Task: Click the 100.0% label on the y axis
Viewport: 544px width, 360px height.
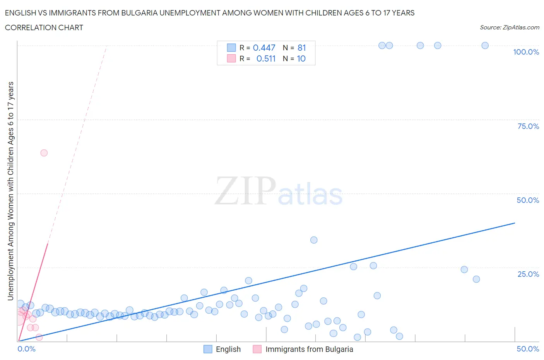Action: tap(526, 52)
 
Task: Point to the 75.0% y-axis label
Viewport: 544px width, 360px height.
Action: tap(528, 127)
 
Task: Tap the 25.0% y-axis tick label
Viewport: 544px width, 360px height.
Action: tap(528, 274)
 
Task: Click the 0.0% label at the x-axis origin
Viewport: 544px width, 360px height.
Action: tap(26, 349)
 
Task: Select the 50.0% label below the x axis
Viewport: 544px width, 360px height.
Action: tap(528, 349)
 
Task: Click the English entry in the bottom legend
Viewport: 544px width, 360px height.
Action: tap(228, 350)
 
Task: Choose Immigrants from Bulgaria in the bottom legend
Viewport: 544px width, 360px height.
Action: tap(309, 350)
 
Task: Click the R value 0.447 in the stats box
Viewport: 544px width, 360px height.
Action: tap(264, 48)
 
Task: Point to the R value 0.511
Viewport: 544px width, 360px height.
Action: tap(266, 59)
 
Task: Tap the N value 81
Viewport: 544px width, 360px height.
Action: tap(302, 48)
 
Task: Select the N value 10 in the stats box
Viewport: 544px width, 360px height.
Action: tap(301, 59)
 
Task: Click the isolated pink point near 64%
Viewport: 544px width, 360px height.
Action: tap(44, 153)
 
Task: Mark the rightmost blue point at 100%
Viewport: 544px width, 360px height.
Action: tap(485, 46)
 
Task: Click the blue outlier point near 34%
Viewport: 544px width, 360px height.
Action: tap(314, 240)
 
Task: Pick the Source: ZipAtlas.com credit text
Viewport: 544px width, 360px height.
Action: tap(509, 27)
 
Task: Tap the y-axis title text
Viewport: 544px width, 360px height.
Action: tap(11, 191)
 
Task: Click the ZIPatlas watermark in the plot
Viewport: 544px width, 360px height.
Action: tap(279, 192)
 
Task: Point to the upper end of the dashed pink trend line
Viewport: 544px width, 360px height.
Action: tap(106, 46)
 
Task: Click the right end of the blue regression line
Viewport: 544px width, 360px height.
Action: tap(515, 223)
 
